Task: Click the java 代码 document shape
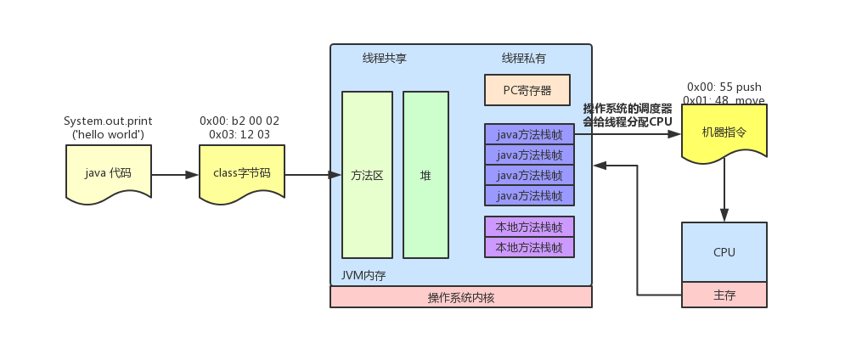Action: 109,172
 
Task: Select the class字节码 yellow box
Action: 242,172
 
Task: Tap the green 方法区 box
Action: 367,175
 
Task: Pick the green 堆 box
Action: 425,175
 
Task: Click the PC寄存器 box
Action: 527,89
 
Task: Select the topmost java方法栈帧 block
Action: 529,133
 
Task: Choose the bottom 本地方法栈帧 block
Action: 529,247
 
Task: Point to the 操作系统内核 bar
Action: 460,297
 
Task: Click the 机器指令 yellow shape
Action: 724,132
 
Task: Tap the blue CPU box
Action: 724,251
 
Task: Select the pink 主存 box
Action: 724,295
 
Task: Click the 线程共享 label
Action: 384,59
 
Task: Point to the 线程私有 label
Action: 523,59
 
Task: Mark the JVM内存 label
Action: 363,275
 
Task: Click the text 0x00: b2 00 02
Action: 239,121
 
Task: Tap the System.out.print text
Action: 108,121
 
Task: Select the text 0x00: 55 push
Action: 724,87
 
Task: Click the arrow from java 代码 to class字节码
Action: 176,175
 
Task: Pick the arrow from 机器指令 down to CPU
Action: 724,189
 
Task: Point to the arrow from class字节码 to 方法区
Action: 307,175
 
